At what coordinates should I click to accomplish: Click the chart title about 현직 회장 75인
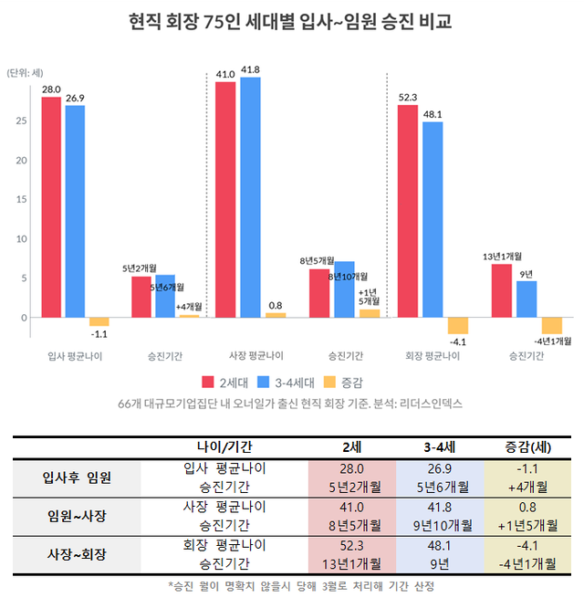pos(292,19)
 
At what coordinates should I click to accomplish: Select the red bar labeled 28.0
pos(51,206)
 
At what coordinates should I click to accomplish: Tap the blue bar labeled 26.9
pos(75,211)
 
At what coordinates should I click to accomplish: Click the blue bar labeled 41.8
pos(250,196)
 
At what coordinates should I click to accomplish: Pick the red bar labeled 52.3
pos(408,210)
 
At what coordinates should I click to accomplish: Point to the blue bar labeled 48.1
pos(433,219)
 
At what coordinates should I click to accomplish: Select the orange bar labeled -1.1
pos(99,321)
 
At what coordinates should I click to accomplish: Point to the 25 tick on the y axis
pos(20,121)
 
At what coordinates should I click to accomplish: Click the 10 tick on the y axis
pos(20,238)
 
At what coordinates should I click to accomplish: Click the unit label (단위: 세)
pos(25,72)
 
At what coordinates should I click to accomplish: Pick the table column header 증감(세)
pos(527,446)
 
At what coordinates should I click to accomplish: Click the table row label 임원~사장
pos(78,516)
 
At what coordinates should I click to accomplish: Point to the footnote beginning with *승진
pos(292,585)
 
